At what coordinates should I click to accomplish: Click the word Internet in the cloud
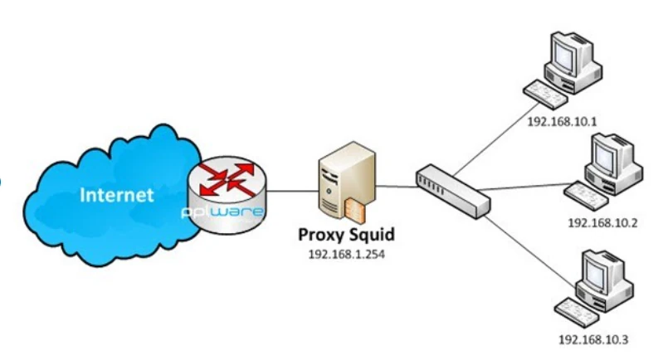click(116, 196)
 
